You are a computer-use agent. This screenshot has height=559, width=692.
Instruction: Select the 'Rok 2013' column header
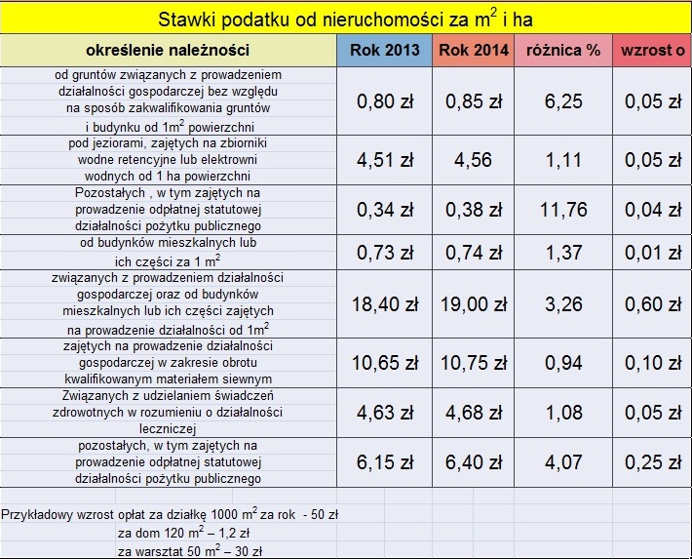pyautogui.click(x=384, y=50)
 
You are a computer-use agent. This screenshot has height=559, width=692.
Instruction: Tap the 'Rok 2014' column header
pyautogui.click(x=474, y=50)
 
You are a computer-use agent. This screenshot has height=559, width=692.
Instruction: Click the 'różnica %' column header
pyautogui.click(x=563, y=51)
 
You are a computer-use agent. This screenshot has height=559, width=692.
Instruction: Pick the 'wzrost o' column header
pyautogui.click(x=653, y=51)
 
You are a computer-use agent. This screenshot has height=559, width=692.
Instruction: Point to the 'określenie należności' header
pyautogui.click(x=168, y=50)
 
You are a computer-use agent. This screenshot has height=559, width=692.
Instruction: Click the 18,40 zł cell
pyautogui.click(x=385, y=304)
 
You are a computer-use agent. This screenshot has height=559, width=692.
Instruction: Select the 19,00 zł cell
pyautogui.click(x=474, y=304)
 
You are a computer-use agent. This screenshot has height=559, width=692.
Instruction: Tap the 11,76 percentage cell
pyautogui.click(x=563, y=210)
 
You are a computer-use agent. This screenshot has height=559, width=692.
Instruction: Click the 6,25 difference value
pyautogui.click(x=563, y=101)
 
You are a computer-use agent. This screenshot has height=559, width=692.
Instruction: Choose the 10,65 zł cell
pyautogui.click(x=385, y=363)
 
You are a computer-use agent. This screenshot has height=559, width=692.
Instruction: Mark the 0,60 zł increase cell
pyautogui.click(x=653, y=304)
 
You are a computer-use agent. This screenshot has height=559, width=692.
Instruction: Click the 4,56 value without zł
pyautogui.click(x=473, y=160)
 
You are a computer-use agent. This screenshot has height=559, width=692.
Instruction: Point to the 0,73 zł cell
pyautogui.click(x=385, y=253)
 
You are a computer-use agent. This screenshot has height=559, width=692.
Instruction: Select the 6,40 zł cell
pyautogui.click(x=474, y=462)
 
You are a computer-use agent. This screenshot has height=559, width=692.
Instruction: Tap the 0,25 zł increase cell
pyautogui.click(x=653, y=462)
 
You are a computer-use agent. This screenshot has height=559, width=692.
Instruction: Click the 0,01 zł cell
pyautogui.click(x=653, y=253)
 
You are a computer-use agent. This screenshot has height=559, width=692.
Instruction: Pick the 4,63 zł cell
pyautogui.click(x=385, y=413)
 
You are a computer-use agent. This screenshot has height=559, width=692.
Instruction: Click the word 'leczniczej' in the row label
pyautogui.click(x=168, y=429)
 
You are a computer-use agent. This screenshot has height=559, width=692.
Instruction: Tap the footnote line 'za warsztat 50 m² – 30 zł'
pyautogui.click(x=190, y=550)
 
